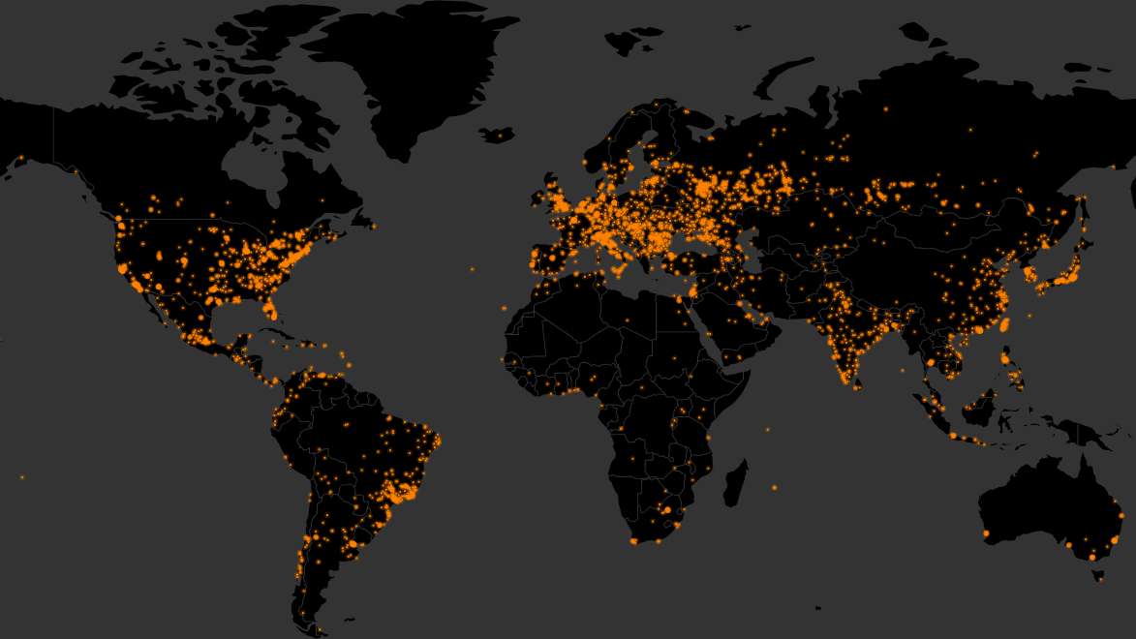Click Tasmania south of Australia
(x=1098, y=575)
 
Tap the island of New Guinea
(x=1075, y=431)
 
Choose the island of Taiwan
(x=1005, y=323)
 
